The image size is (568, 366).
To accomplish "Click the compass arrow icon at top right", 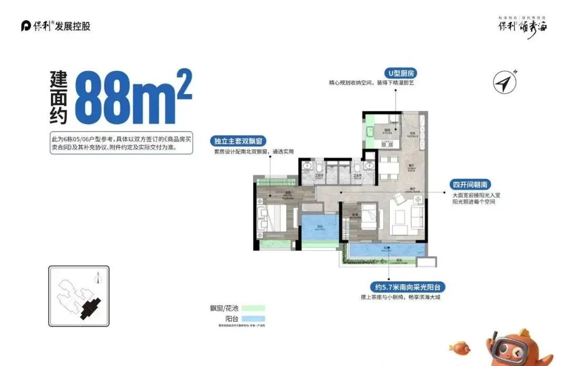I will click(505, 83).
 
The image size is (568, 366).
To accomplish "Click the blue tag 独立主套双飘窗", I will click(239, 141).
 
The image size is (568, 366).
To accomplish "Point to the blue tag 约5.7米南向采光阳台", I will click(408, 287).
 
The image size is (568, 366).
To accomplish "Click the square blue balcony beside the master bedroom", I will click(319, 227).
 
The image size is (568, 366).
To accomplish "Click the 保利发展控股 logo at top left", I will click(56, 26).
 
